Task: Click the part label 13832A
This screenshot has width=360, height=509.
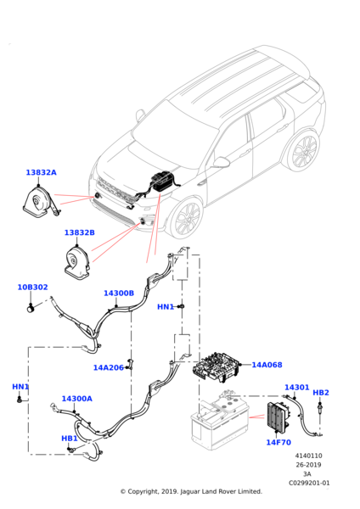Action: (x=42, y=172)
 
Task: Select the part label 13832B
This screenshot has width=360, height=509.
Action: (x=80, y=232)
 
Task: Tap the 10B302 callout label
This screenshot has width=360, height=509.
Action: (x=32, y=288)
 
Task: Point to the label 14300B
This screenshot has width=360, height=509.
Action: (x=119, y=294)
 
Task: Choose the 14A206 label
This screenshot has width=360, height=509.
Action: (x=109, y=368)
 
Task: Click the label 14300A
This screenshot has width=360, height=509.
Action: (x=77, y=399)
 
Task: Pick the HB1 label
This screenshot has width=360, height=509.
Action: (x=70, y=439)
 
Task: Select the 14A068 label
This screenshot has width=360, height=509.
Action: (x=267, y=365)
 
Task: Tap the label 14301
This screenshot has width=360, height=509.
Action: (x=297, y=388)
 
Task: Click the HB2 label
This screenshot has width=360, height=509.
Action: (x=321, y=393)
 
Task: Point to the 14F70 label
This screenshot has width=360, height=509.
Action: (x=278, y=443)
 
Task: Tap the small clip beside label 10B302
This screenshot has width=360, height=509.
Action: (x=31, y=308)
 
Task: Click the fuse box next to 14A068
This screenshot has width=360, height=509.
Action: (x=216, y=366)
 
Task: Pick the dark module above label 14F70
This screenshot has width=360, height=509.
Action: (x=278, y=417)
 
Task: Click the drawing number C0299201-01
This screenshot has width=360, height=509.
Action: (x=309, y=483)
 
